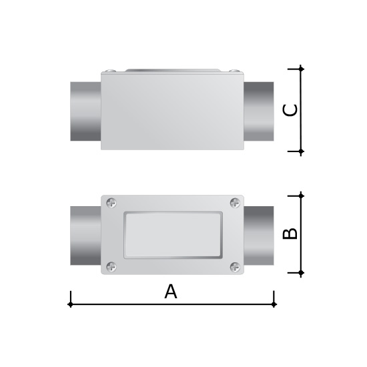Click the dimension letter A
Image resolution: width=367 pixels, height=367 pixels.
(171, 292)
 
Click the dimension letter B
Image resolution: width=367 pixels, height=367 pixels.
(290, 234)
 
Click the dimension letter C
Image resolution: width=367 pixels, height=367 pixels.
(290, 110)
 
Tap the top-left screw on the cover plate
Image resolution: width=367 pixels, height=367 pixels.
(111, 203)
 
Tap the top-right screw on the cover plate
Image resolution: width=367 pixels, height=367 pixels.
(235, 203)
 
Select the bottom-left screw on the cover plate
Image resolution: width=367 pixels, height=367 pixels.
(111, 267)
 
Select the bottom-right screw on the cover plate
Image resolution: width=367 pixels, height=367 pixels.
(235, 267)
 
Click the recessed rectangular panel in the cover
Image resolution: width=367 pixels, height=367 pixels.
(173, 235)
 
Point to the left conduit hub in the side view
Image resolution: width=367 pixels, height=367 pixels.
(85, 111)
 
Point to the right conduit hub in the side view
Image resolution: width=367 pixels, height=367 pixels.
(259, 111)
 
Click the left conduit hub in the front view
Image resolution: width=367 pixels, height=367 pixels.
(85, 236)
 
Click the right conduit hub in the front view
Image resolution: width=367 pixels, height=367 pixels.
(259, 236)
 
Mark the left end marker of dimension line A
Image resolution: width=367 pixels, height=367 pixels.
(71, 304)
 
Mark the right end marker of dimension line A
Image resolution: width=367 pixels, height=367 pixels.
(274, 304)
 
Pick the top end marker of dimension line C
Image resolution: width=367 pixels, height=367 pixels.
(301, 69)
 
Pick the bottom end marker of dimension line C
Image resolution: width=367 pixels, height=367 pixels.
(301, 151)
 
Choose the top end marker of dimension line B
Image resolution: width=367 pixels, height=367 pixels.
(301, 196)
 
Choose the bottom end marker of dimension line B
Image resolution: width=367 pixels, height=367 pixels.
(301, 273)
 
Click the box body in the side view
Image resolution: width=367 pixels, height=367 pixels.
(172, 111)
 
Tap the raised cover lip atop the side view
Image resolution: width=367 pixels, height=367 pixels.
(172, 69)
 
